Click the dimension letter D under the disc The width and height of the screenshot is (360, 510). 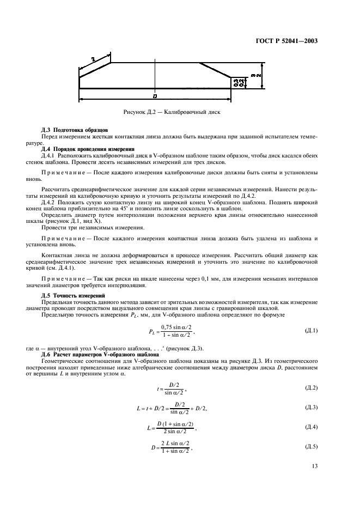pyautogui.click(x=155, y=96)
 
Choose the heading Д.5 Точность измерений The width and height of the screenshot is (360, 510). pyautogui.click(x=72, y=295)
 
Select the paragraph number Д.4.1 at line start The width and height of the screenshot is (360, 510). pyautogui.click(x=50, y=155)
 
